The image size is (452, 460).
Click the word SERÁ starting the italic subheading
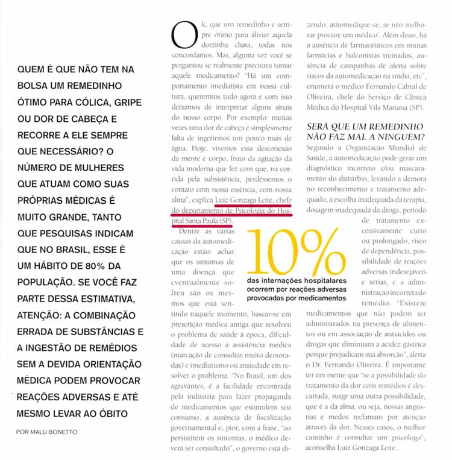pyautogui.click(x=320, y=127)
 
